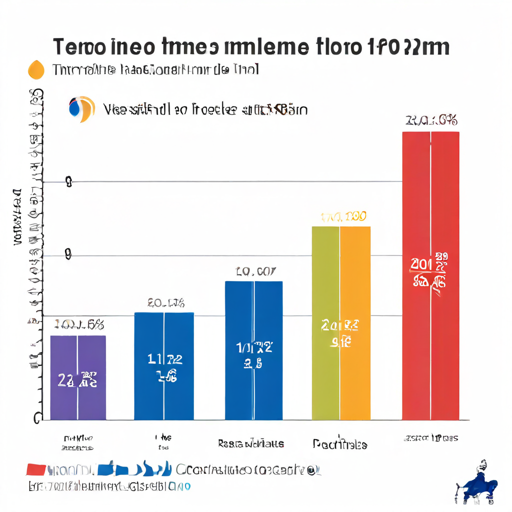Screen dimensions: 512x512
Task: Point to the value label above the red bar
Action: [431, 120]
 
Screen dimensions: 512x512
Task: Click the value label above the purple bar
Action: [79, 324]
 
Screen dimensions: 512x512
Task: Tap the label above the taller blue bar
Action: [255, 272]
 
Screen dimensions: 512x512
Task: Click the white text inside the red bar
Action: [429, 272]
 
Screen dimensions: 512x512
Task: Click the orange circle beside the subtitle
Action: [36, 69]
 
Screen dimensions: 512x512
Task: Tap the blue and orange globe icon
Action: [81, 108]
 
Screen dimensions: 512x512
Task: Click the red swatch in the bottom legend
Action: [36, 469]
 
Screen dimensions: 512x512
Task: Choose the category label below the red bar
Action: [430, 438]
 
